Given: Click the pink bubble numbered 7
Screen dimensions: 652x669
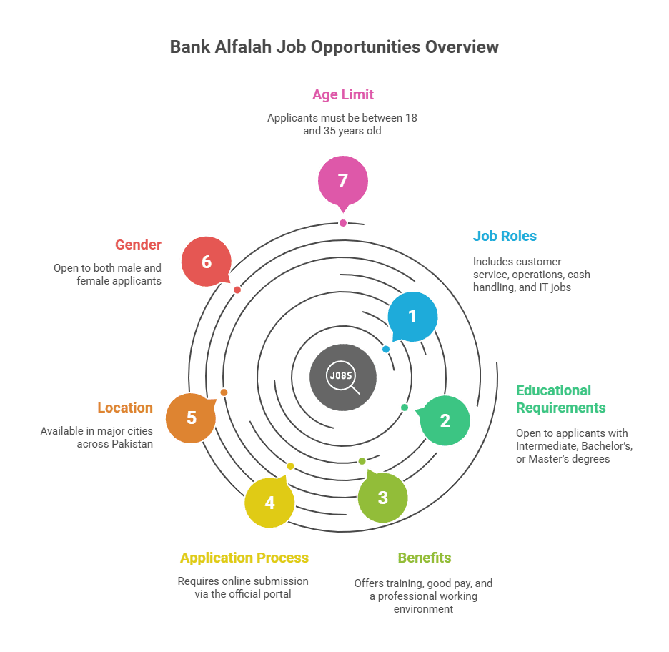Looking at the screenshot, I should [343, 181].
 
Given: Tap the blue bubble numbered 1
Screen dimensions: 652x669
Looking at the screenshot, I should [412, 317].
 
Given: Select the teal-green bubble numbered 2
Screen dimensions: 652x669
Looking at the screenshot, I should [445, 420].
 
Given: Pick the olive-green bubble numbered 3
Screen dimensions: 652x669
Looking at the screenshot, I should [383, 498].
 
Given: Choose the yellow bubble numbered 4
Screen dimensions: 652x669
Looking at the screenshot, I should [269, 503].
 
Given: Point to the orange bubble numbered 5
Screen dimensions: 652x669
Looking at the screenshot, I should [191, 418].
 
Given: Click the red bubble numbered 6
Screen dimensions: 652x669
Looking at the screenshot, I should [207, 262].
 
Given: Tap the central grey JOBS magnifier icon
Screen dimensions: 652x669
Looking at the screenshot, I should [343, 377].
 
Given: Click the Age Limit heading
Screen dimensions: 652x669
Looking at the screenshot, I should [343, 94].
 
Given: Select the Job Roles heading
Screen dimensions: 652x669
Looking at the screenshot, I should [505, 236].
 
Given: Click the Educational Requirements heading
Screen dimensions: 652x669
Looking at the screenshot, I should [560, 399].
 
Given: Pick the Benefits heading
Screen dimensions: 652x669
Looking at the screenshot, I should [425, 558].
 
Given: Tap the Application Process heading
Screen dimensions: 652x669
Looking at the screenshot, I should [244, 558].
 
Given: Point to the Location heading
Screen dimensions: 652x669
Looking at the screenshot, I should [125, 407].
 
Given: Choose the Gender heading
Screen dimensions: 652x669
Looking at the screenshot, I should [138, 244].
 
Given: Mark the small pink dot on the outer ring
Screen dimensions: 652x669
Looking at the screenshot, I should [343, 223].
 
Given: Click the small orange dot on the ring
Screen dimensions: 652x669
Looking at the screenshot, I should [224, 392].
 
